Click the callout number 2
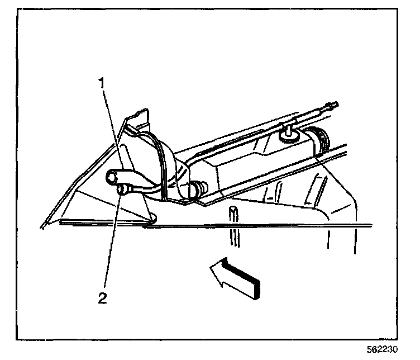click(102, 297)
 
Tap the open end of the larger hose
click(111, 177)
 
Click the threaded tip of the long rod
click(334, 105)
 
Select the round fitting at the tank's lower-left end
click(197, 188)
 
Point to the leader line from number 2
click(111, 246)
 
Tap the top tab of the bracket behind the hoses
click(138, 118)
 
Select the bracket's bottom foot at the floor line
click(150, 217)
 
